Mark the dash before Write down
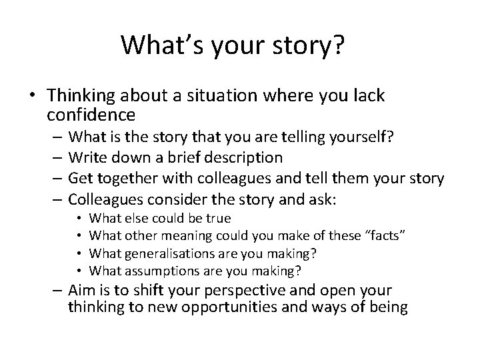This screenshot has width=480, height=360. [x=53, y=158]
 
